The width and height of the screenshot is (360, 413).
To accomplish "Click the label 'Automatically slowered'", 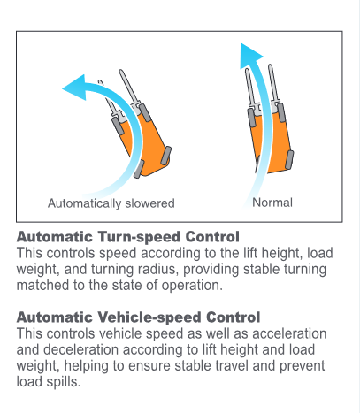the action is click(x=111, y=203).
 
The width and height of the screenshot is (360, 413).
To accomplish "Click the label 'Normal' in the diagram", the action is click(x=272, y=203).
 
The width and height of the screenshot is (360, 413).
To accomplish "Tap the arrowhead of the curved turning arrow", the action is click(x=74, y=88).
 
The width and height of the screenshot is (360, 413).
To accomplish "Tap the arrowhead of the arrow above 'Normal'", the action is click(x=250, y=56).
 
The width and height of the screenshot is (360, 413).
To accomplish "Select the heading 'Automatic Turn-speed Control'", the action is click(x=128, y=237).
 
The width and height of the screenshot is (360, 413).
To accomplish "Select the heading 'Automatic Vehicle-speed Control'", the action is click(x=138, y=317).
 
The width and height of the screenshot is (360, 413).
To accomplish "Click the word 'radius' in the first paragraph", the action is click(x=159, y=269).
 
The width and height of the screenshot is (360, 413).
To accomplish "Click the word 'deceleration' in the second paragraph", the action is click(x=81, y=349).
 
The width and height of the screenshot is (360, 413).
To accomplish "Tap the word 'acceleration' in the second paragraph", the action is click(x=289, y=333).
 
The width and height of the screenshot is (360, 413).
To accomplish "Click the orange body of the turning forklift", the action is click(x=150, y=141).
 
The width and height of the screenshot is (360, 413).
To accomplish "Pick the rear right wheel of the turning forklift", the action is click(x=166, y=154).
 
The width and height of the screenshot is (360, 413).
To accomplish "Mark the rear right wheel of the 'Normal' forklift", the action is click(x=289, y=159).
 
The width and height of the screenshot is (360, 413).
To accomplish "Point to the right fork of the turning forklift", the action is click(x=129, y=88).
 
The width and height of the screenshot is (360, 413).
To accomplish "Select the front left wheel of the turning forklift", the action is click(x=117, y=126).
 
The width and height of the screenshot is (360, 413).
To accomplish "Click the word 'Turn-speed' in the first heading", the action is click(x=139, y=237).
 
